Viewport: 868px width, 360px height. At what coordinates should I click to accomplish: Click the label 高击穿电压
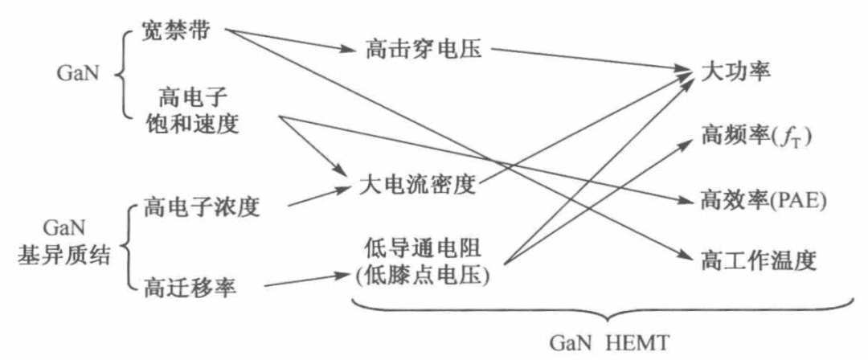coord(423,49)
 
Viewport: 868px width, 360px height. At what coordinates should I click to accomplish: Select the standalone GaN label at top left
coord(79,72)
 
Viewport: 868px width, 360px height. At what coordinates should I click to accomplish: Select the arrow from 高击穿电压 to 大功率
coord(587,62)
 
